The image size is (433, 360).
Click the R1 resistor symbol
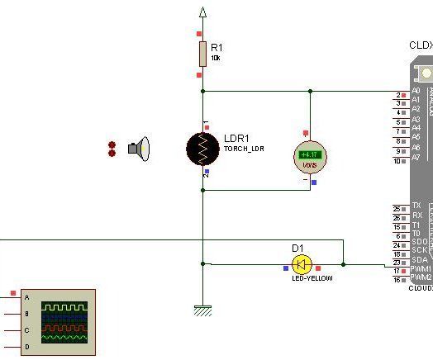(x=202, y=54)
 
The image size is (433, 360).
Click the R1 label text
(x=216, y=48)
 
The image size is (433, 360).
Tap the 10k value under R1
(x=216, y=59)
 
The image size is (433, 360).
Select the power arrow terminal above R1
(x=202, y=12)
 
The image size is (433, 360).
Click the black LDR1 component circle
(x=202, y=148)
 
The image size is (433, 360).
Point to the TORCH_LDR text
(x=244, y=149)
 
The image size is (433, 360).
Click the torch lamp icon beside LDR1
(x=140, y=149)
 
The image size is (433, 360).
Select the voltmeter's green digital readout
(x=310, y=154)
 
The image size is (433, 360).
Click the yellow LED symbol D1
(x=302, y=264)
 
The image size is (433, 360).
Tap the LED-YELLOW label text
(x=312, y=278)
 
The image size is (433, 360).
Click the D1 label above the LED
(x=297, y=248)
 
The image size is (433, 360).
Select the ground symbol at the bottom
(x=202, y=310)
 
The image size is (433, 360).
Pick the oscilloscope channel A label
(x=27, y=297)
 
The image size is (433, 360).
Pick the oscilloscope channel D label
(x=27, y=348)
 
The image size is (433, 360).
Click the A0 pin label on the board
(x=416, y=91)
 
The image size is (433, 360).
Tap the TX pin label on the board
(x=416, y=205)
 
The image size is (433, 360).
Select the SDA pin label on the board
(x=420, y=259)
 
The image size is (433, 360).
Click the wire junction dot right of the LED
(x=344, y=265)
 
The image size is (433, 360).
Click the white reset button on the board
(x=426, y=73)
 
